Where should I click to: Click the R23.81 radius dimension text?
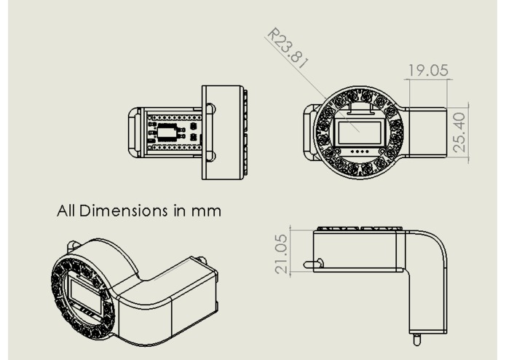(288, 50)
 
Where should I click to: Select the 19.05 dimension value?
(428, 71)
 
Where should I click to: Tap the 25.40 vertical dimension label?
(459, 132)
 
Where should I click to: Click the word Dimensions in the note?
(124, 211)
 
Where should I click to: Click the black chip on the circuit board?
(169, 132)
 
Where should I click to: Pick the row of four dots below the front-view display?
(358, 152)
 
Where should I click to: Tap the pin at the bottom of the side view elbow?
(416, 339)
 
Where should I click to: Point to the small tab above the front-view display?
(357, 109)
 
